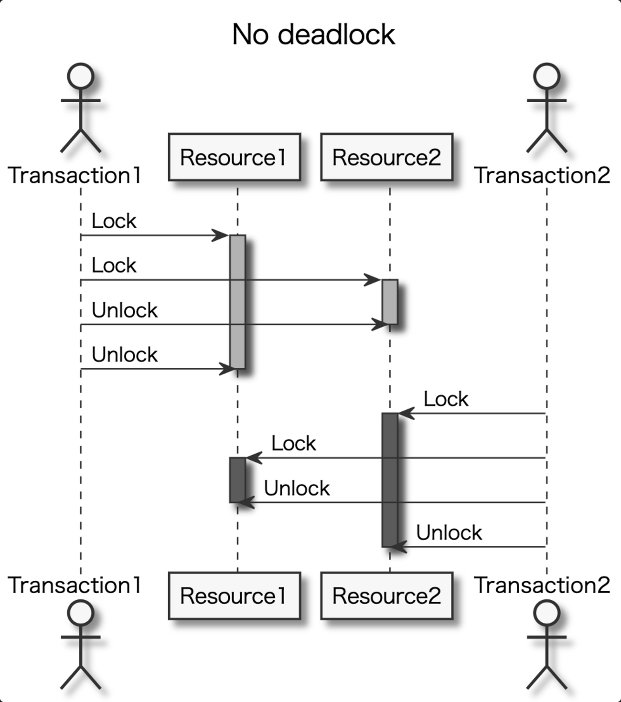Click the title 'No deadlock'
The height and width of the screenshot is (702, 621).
313,35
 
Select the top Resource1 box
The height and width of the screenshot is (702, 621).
234,157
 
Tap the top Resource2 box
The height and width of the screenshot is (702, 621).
386,157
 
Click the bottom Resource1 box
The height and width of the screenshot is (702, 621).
234,596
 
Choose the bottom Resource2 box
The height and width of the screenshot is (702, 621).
386,596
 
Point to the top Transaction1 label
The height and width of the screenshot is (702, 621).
75,175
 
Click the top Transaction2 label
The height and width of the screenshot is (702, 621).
542,175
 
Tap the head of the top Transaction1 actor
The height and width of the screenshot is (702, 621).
80,76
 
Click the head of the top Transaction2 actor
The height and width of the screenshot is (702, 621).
546,76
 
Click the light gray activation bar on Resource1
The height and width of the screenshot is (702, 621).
237,301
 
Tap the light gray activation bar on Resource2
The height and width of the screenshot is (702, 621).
390,302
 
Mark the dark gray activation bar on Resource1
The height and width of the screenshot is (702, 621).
237,480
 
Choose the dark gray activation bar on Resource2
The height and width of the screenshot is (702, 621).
390,480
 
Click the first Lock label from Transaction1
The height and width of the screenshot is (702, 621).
114,221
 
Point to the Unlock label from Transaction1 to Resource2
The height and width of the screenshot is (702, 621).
124,310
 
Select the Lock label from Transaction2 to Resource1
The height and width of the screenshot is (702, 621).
293,444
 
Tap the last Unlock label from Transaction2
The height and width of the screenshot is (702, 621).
449,533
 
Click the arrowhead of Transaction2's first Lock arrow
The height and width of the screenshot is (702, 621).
406,414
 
